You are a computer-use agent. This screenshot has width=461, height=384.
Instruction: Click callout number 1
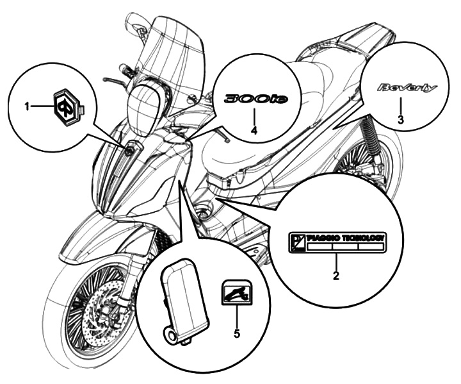[28, 107]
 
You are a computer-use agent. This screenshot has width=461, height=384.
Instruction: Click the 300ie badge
[255, 99]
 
